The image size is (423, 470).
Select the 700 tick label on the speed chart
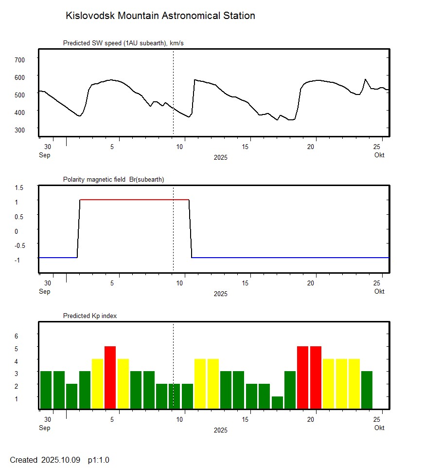click(x=19, y=59)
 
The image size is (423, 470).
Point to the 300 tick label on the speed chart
click(x=19, y=130)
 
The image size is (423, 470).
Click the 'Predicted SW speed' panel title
click(x=123, y=43)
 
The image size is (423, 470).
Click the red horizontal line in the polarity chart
click(x=134, y=200)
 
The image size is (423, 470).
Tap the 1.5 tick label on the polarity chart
click(x=19, y=188)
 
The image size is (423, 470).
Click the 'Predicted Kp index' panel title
click(x=90, y=316)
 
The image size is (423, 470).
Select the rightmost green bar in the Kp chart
click(x=367, y=390)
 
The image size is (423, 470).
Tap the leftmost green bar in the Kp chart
click(x=46, y=390)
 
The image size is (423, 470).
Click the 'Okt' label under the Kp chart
click(x=379, y=428)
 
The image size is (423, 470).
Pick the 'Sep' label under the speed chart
click(x=44, y=155)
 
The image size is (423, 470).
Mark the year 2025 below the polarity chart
click(x=220, y=294)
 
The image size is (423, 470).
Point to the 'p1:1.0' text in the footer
click(x=99, y=460)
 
